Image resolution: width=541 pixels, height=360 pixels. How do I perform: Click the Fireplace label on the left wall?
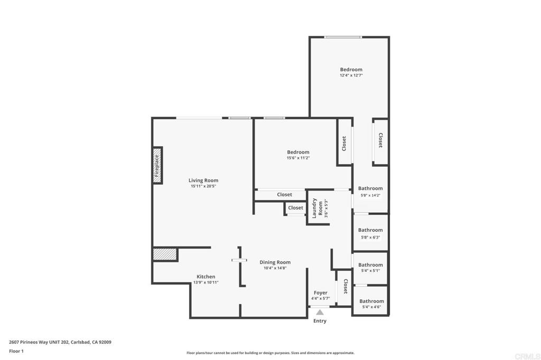(x=156, y=166)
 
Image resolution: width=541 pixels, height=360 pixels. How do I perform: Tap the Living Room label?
(x=203, y=181)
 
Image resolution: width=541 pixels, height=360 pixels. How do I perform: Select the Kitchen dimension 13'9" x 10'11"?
(x=206, y=282)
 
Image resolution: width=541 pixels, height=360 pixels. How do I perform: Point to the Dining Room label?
(x=275, y=262)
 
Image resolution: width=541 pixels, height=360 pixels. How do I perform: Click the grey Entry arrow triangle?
(x=320, y=312)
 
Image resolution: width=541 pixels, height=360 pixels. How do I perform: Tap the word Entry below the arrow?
(x=320, y=321)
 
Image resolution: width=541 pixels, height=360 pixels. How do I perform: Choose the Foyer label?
(x=321, y=293)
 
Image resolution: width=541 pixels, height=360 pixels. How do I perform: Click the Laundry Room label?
(x=318, y=209)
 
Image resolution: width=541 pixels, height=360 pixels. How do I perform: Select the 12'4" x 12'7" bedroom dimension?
(x=351, y=75)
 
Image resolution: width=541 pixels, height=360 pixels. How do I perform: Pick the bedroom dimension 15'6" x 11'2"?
(x=298, y=158)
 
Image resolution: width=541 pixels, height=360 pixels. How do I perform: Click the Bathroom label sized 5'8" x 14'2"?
(x=370, y=188)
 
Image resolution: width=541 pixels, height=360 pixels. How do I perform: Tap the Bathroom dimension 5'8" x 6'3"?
(x=370, y=237)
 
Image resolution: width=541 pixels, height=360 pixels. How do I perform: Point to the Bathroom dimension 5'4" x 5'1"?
(x=370, y=271)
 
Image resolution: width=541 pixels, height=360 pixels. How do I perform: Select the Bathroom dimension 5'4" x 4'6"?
(x=371, y=307)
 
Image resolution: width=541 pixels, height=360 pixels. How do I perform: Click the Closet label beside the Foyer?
(x=346, y=286)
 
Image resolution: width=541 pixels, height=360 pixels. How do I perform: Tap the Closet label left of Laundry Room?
(x=296, y=207)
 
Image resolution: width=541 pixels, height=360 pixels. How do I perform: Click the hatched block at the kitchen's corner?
(x=165, y=254)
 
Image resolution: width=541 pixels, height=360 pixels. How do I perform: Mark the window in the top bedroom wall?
(x=343, y=37)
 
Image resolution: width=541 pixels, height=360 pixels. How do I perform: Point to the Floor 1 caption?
(x=16, y=352)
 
